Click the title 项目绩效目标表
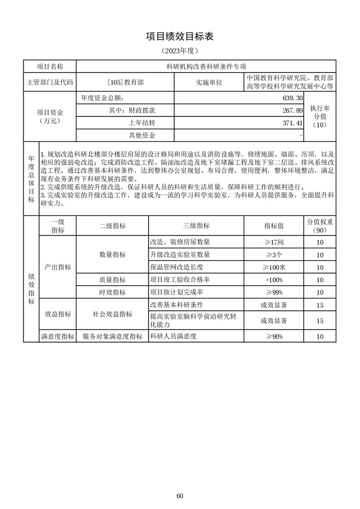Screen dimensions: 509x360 pyautogui.click(x=180, y=36)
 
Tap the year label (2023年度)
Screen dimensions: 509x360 pyautogui.click(x=180, y=50)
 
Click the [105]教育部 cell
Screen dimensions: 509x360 pyautogui.click(x=125, y=82)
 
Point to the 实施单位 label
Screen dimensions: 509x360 pyautogui.click(x=209, y=82)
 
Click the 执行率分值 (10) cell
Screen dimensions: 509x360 pyautogui.click(x=320, y=117)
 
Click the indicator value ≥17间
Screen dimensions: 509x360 pyautogui.click(x=274, y=241)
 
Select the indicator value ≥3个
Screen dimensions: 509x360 pyautogui.click(x=274, y=254)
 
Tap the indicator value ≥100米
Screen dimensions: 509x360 pyautogui.click(x=274, y=267)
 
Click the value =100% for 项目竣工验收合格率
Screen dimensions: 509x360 pyautogui.click(x=274, y=280)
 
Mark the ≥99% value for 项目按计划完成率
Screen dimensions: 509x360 pyautogui.click(x=274, y=292)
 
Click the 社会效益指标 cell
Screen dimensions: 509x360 pyautogui.click(x=112, y=314)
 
